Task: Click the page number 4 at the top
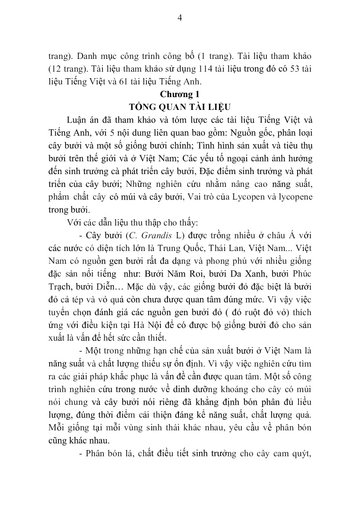pyautogui.click(x=179, y=18)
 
